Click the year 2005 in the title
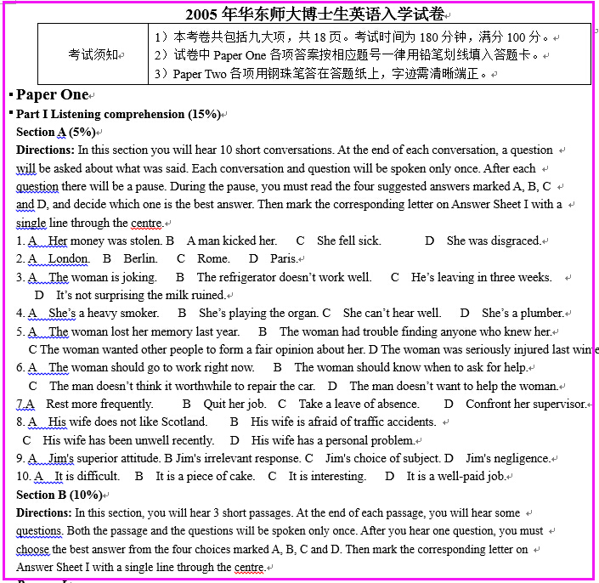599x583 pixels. [202, 14]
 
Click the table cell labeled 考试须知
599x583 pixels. [94, 54]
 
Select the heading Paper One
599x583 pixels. [52, 94]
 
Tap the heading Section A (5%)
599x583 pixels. [55, 132]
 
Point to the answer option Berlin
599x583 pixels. [140, 258]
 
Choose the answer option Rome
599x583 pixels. [212, 258]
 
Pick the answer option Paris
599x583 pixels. [283, 258]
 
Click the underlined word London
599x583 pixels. [68, 258]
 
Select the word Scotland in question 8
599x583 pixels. [184, 422]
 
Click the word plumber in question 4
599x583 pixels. [542, 313]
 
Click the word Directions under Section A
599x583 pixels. [44, 150]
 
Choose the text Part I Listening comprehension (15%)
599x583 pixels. [118, 114]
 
